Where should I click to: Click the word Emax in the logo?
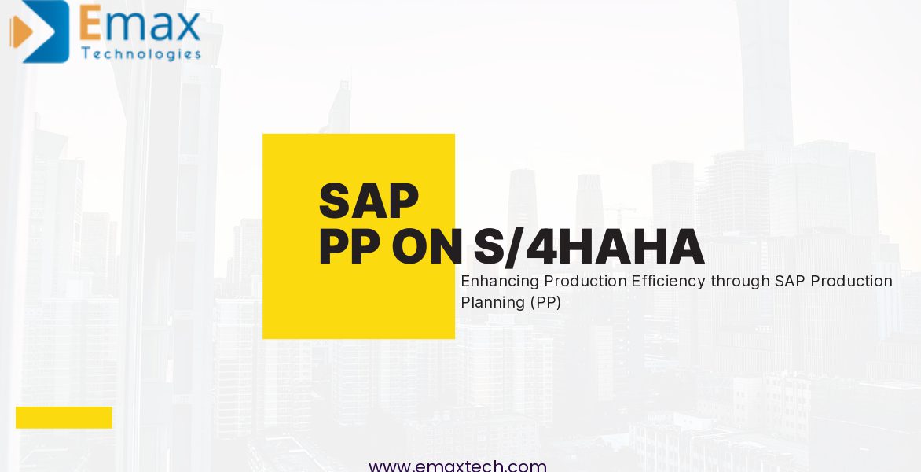point(140,24)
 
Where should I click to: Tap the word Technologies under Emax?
point(141,54)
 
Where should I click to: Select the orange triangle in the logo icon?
point(21,31)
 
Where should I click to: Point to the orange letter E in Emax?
point(90,24)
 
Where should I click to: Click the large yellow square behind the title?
point(358,236)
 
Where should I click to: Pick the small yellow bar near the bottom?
point(64,418)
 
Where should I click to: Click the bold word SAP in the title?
point(369,201)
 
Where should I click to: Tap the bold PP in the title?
point(350,247)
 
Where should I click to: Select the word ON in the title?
point(427,247)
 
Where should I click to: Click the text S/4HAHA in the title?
point(589,247)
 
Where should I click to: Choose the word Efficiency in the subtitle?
point(669,282)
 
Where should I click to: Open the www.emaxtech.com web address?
point(457,466)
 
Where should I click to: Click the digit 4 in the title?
point(541,247)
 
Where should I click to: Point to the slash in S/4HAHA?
point(513,247)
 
